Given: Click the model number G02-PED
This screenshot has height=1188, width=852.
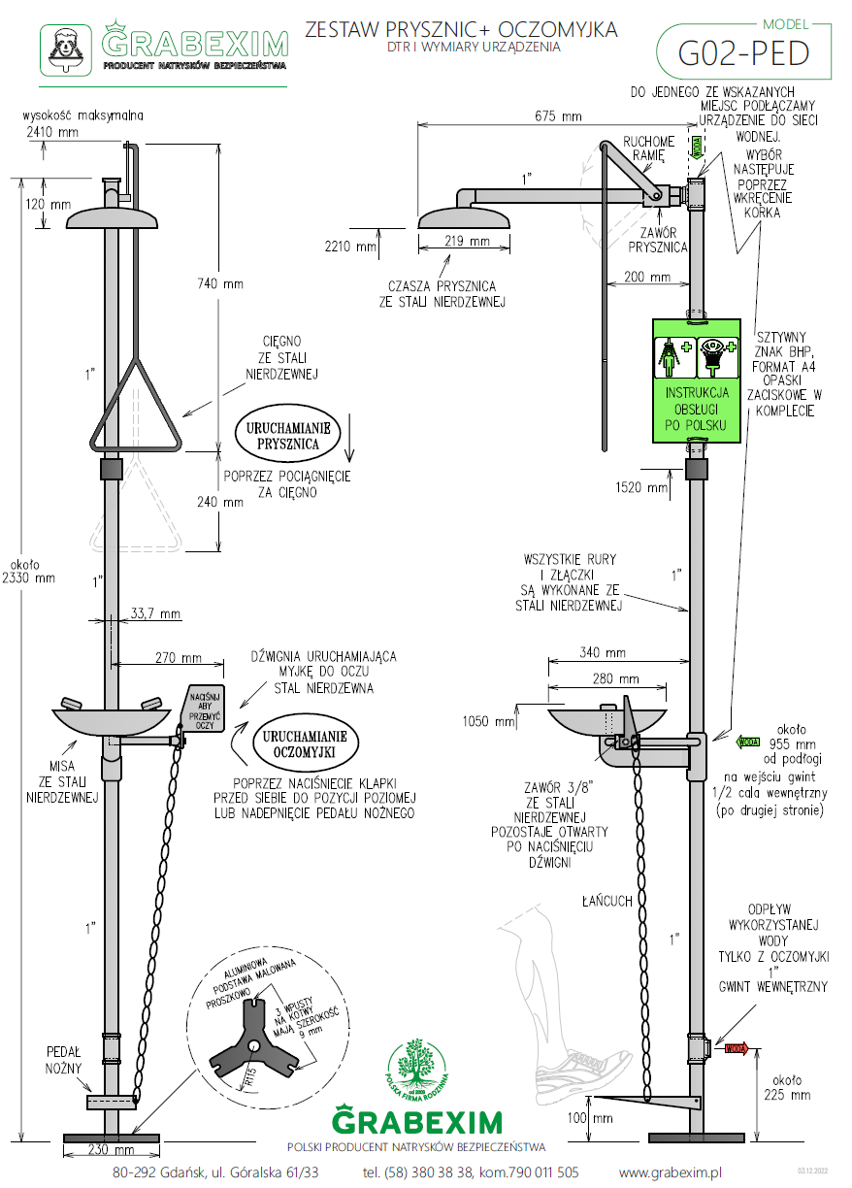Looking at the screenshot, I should click(744, 53).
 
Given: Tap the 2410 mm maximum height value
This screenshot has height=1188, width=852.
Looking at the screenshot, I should click(51, 132).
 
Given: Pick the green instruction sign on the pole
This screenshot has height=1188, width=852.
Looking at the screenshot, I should click(698, 379).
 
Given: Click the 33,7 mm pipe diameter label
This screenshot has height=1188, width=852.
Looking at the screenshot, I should click(155, 613).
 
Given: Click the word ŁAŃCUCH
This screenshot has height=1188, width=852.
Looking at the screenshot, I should click(608, 901).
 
